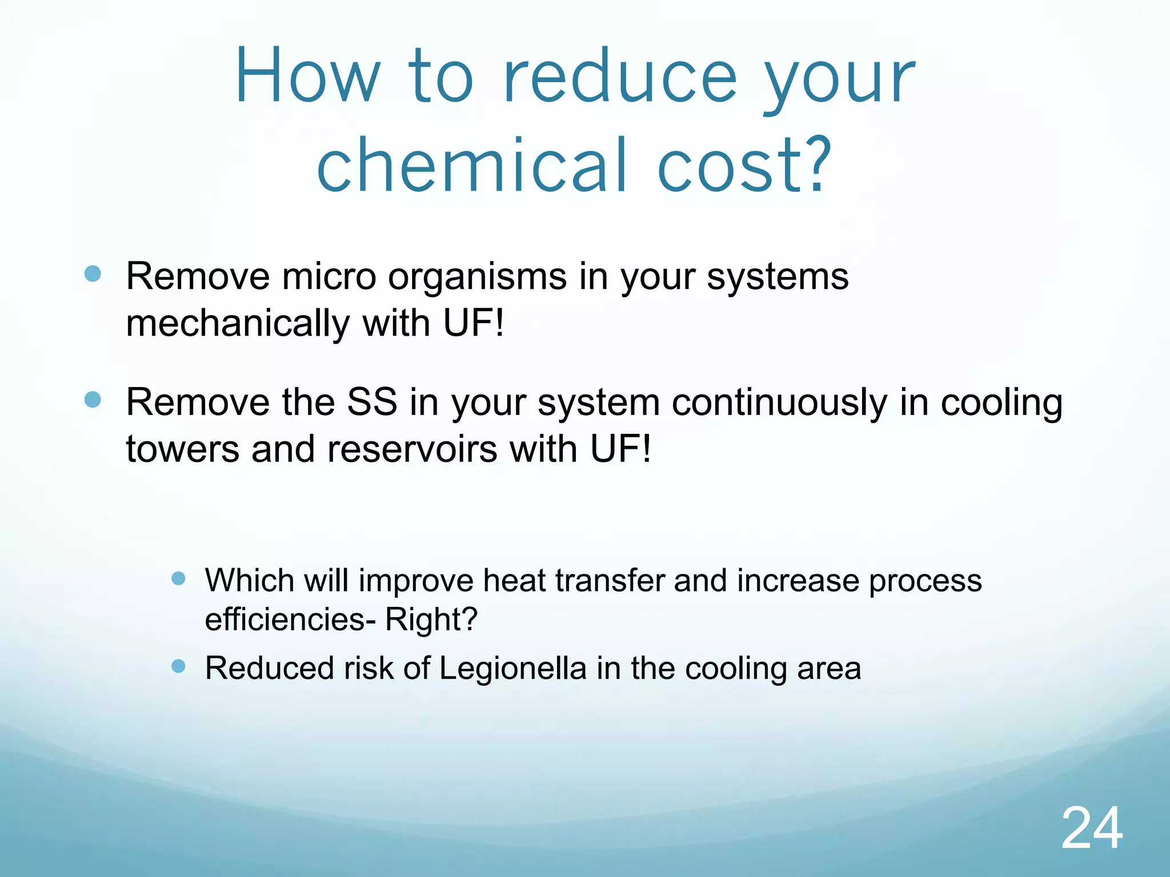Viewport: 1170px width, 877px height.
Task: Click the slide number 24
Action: tap(1092, 828)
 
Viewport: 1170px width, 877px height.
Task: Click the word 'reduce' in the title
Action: tap(620, 77)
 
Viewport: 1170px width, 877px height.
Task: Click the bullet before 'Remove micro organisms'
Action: tap(93, 274)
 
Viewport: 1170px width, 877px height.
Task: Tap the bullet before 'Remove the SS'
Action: tap(93, 400)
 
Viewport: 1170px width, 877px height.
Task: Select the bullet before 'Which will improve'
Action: tap(179, 579)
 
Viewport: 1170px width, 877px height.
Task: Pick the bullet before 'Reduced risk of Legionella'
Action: tap(179, 666)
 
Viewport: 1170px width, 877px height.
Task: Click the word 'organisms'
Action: tap(477, 277)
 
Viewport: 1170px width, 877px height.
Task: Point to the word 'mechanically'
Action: tap(238, 324)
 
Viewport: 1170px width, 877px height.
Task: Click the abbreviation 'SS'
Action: tap(372, 402)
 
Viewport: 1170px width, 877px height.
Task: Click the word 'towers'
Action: tap(182, 449)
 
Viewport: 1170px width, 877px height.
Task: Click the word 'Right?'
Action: tap(431, 619)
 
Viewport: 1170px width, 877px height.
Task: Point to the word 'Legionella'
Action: tap(512, 669)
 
